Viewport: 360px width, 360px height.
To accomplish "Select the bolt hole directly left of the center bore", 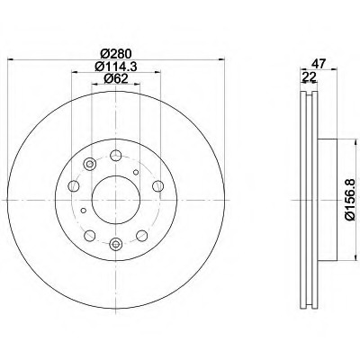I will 73,185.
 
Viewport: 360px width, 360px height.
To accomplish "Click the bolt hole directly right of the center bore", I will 157,185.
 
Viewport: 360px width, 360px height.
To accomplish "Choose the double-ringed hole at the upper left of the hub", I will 89,165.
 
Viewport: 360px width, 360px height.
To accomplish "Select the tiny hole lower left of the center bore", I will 85,211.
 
